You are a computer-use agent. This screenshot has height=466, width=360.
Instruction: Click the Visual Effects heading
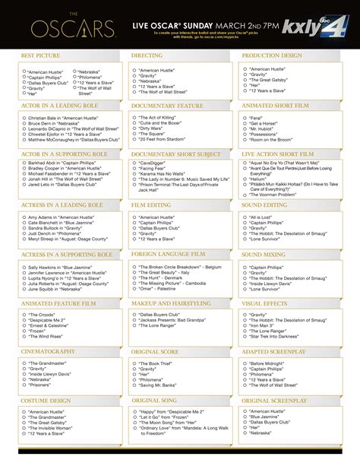264,303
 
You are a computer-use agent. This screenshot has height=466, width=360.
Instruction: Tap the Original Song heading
154,400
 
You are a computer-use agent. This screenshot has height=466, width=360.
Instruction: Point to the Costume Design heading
46,400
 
